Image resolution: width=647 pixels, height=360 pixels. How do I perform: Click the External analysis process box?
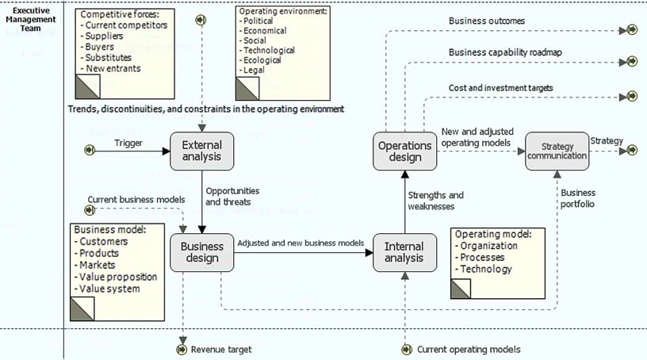[x=202, y=151]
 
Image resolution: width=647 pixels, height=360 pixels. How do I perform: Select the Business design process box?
[x=202, y=252]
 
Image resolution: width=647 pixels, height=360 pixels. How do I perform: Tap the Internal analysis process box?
[x=404, y=252]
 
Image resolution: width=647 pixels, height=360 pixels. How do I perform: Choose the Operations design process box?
[x=404, y=151]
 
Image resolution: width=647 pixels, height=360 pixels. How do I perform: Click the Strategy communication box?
[x=557, y=151]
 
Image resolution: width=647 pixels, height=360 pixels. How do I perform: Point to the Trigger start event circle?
[x=90, y=149]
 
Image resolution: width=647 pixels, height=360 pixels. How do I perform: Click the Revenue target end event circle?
[x=183, y=349]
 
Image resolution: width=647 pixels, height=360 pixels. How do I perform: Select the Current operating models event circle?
[x=407, y=349]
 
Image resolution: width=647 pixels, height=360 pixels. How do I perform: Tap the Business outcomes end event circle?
[x=632, y=30]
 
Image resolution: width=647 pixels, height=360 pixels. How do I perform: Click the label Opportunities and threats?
[x=232, y=197]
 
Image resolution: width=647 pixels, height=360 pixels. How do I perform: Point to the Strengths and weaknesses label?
[x=435, y=201]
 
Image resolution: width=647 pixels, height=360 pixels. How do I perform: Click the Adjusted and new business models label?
[x=301, y=243]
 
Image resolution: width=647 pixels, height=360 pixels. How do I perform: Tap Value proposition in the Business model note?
[x=118, y=277]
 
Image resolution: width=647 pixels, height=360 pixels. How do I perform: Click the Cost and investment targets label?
[x=500, y=88]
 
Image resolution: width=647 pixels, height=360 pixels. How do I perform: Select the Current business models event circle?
[x=89, y=210]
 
